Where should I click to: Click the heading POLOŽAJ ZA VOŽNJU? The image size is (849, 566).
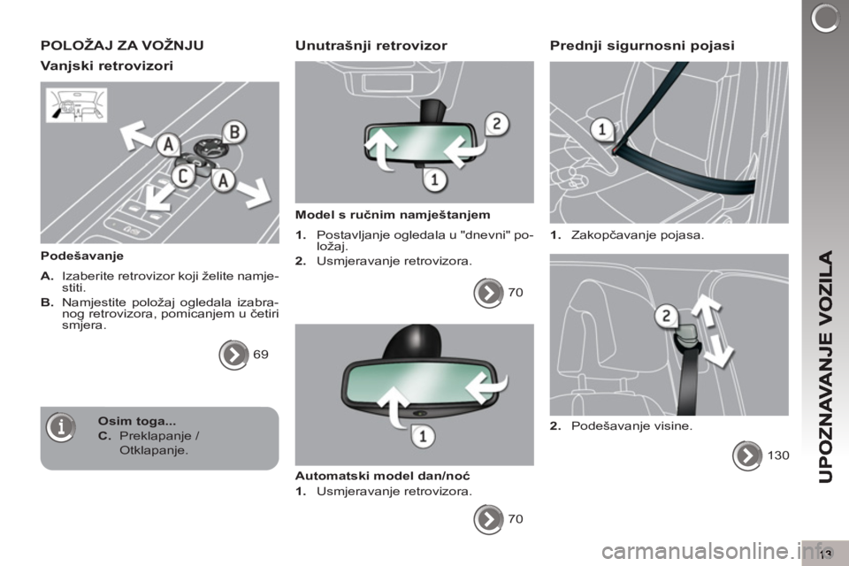(122, 45)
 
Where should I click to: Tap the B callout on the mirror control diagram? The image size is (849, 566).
(234, 132)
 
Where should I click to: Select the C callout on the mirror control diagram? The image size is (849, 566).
(183, 176)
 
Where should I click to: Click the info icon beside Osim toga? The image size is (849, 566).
(61, 427)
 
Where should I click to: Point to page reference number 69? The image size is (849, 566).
(260, 355)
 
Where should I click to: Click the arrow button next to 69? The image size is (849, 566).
(233, 355)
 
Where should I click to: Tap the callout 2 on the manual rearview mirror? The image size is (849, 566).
(496, 124)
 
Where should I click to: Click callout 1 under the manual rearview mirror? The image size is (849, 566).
(434, 180)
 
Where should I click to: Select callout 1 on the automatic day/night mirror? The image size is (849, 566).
(423, 435)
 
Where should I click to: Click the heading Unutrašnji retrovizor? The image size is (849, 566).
(371, 45)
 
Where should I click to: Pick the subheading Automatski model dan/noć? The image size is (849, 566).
(382, 476)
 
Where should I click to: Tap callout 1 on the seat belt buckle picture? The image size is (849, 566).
(602, 129)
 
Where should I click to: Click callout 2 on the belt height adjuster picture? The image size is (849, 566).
(667, 315)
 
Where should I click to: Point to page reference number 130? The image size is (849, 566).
(778, 455)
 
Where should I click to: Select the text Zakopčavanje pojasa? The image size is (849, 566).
(638, 235)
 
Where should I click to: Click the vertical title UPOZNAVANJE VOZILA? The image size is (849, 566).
(826, 367)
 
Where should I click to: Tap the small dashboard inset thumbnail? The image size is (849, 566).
(76, 105)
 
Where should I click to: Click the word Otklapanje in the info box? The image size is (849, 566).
(154, 450)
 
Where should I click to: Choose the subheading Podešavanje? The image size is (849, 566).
(81, 256)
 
